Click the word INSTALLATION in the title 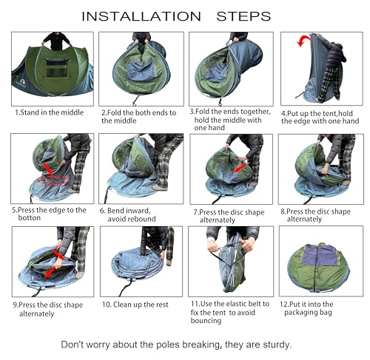pos(140,16)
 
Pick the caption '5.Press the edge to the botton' pos(49,214)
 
